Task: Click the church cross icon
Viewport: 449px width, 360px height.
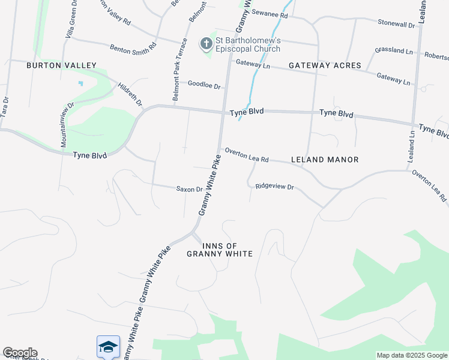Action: tap(206, 43)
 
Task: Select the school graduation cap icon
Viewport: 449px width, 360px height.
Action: tap(108, 347)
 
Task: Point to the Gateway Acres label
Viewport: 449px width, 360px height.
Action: tap(324, 65)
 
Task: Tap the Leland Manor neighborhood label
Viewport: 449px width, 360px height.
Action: tap(324, 160)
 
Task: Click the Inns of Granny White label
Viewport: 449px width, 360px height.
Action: tap(228, 250)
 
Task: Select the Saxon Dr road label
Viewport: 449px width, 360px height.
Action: tap(189, 189)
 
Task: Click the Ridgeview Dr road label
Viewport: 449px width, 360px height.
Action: tap(274, 187)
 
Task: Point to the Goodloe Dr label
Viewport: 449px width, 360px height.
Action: tap(204, 86)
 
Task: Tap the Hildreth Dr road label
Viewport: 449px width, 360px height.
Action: tap(130, 95)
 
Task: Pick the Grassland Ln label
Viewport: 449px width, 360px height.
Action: tap(393, 51)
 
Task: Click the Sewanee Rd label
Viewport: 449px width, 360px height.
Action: tap(270, 13)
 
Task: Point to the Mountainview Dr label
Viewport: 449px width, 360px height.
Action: tap(66, 124)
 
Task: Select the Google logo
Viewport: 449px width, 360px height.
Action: tap(20, 353)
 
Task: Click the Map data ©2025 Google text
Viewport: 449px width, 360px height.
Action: tap(412, 355)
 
